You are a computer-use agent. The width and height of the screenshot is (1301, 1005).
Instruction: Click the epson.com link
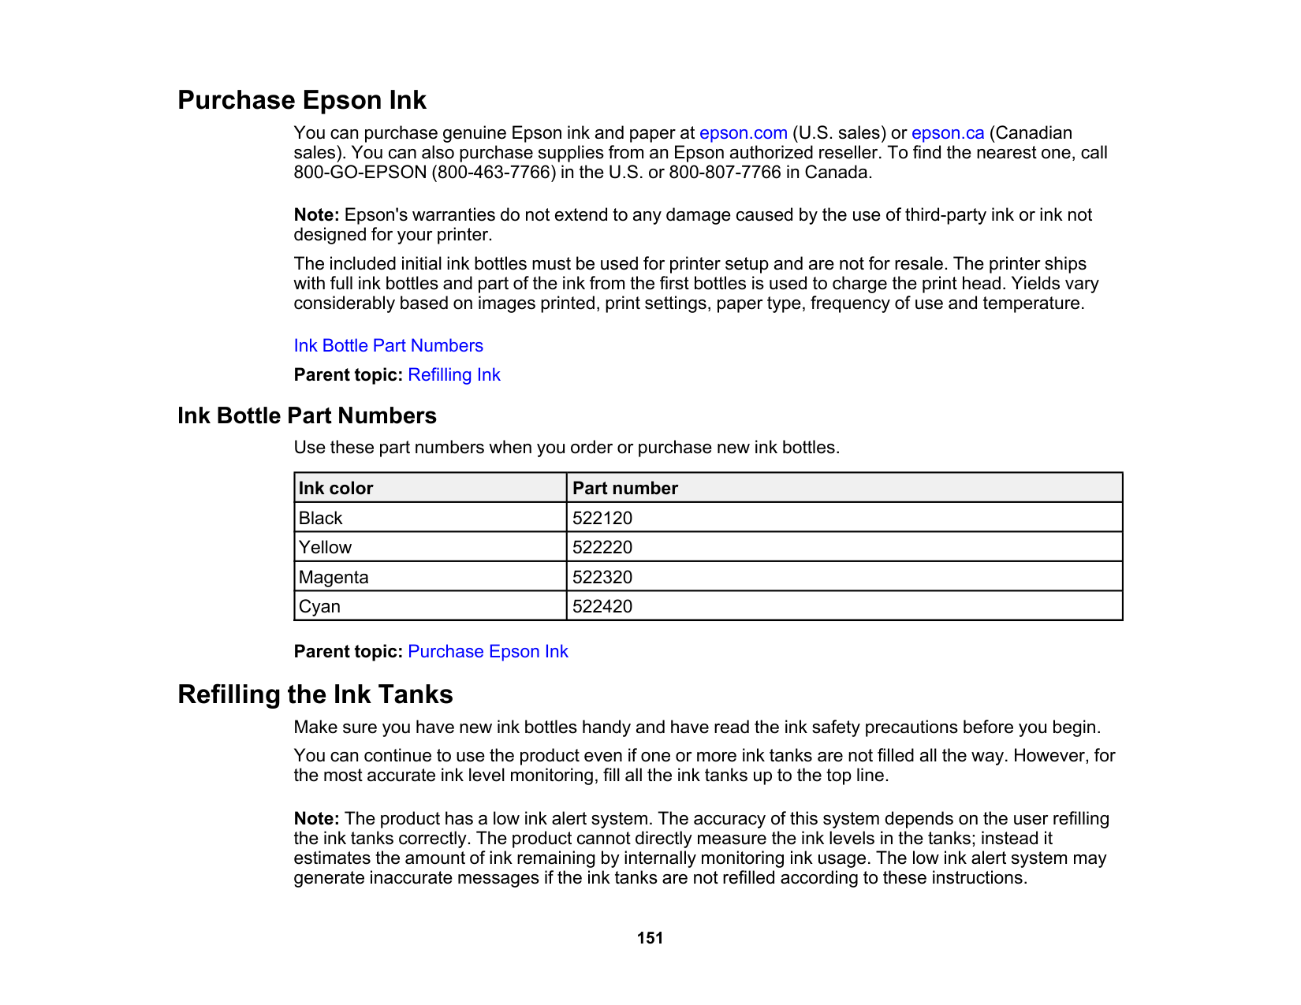click(x=743, y=133)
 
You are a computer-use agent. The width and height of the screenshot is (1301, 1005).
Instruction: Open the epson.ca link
click(x=947, y=133)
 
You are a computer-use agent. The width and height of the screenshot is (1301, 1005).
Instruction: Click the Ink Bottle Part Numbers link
click(x=388, y=346)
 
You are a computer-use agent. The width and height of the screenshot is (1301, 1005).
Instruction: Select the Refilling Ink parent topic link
click(x=453, y=375)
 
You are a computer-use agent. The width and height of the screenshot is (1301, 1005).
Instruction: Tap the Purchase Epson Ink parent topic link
click(x=487, y=652)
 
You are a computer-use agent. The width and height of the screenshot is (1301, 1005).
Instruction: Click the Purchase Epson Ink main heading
click(x=301, y=100)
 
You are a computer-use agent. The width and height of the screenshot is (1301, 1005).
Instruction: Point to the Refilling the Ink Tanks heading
click(x=315, y=694)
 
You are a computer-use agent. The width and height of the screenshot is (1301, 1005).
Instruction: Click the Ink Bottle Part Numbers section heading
click(x=307, y=416)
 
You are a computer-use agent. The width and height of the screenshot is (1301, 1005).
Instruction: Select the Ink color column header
click(x=336, y=489)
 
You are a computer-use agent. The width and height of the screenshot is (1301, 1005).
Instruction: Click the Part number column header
click(x=624, y=489)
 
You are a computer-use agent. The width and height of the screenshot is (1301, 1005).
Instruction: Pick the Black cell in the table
click(x=321, y=519)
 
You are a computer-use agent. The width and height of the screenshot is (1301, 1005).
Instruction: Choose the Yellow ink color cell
click(x=325, y=548)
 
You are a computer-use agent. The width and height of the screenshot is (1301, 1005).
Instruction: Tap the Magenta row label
click(x=334, y=578)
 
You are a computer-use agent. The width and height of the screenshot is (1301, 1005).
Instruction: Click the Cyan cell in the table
click(x=319, y=607)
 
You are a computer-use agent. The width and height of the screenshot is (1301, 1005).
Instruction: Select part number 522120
click(x=602, y=519)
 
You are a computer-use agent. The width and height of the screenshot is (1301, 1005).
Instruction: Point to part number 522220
click(x=602, y=548)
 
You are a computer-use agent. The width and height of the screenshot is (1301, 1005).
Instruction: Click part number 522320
click(x=602, y=578)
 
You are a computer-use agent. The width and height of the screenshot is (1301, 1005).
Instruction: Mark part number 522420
click(x=602, y=607)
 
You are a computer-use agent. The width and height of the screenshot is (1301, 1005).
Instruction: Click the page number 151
click(x=650, y=938)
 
